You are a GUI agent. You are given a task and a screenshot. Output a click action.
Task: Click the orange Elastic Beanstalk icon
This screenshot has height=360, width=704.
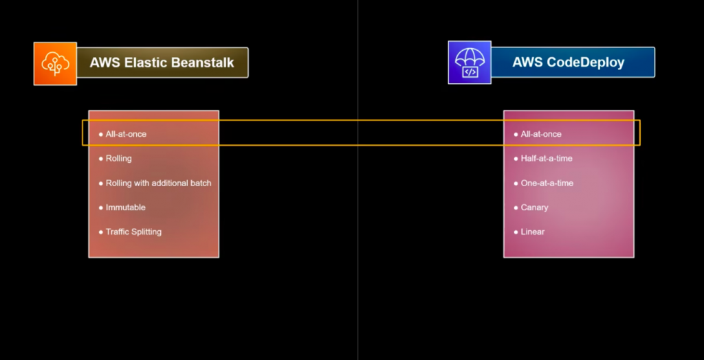[55, 63]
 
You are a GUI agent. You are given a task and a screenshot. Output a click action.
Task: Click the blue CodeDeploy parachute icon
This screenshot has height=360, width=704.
[470, 63]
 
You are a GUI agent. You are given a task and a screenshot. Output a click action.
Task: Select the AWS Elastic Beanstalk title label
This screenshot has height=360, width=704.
[162, 63]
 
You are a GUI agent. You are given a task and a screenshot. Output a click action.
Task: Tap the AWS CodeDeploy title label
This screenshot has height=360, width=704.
[568, 63]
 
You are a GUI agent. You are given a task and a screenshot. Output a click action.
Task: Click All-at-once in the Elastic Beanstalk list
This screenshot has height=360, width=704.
[126, 134]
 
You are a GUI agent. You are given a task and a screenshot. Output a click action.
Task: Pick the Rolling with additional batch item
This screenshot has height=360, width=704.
[158, 183]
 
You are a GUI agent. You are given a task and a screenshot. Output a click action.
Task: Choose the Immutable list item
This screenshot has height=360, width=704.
[125, 207]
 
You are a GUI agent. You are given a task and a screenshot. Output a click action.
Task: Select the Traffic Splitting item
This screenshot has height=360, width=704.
[133, 232]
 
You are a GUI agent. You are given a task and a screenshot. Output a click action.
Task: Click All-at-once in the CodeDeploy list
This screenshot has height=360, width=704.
[541, 134]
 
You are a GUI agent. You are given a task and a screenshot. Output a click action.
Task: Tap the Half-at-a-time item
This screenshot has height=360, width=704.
[547, 159]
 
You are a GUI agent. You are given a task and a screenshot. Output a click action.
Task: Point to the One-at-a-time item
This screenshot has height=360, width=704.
[547, 183]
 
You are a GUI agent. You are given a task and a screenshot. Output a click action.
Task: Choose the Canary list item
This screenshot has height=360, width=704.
[534, 207]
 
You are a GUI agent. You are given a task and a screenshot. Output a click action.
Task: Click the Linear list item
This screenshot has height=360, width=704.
[533, 232]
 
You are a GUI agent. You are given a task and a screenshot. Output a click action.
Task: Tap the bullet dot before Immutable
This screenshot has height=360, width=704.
[100, 207]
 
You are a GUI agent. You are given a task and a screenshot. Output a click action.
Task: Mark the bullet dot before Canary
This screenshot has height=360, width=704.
[516, 207]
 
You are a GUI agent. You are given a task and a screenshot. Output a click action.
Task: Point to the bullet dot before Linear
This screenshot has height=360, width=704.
[516, 232]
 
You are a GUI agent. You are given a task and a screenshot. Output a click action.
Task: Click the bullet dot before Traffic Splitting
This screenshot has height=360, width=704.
[100, 232]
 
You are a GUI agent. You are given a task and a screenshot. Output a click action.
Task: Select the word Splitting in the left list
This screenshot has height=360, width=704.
[146, 232]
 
